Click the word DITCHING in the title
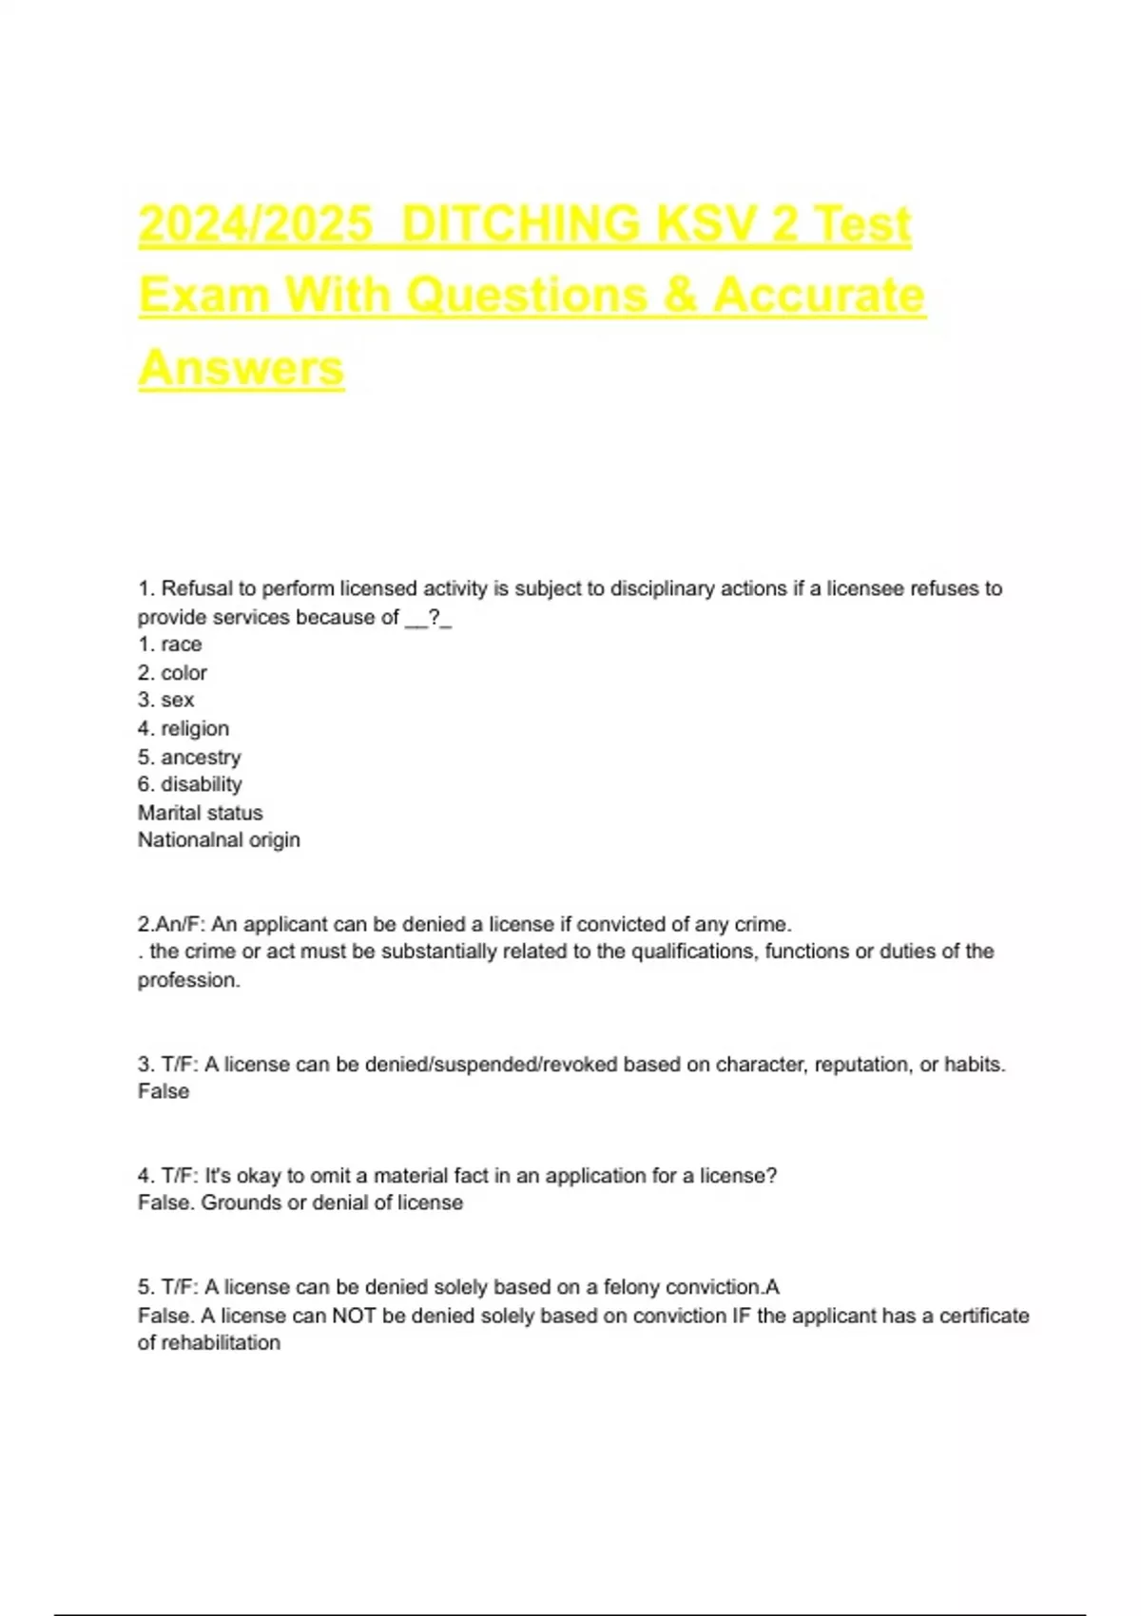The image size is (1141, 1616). tap(522, 224)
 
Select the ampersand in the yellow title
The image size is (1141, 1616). tap(680, 296)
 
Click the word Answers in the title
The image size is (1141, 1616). tap(242, 368)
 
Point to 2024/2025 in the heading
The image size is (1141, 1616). tap(256, 224)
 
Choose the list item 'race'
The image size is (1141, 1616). tap(181, 644)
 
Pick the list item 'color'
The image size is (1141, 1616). tap(184, 673)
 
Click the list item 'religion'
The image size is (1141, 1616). tap(195, 729)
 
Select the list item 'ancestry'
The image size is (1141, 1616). tap(201, 758)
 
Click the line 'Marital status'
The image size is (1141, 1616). tap(200, 813)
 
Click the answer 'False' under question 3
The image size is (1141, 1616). tap(164, 1091)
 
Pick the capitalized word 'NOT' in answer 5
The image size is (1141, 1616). tap(354, 1316)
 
